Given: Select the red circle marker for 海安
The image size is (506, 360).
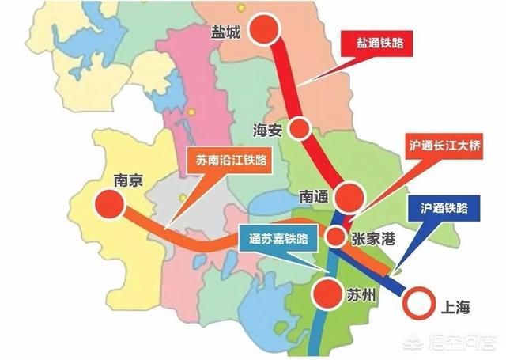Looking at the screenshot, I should pos(300,128).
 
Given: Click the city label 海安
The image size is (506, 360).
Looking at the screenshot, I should pos(266,130).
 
